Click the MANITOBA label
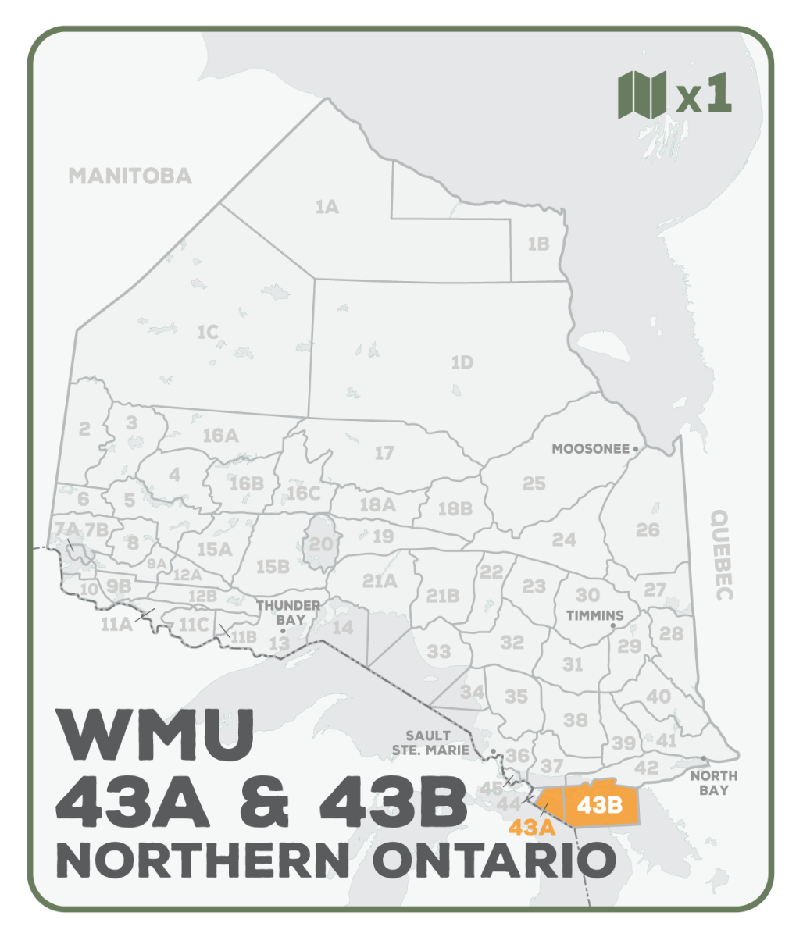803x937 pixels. tap(130, 176)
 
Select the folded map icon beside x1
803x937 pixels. tap(641, 94)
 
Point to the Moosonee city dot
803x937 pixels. tap(636, 449)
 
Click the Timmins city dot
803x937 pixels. tap(612, 625)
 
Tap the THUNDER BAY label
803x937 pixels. tap(288, 612)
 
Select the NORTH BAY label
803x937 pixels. tap(713, 782)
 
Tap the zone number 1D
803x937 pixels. tap(462, 363)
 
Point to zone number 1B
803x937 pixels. tap(538, 244)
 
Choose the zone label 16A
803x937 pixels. tap(220, 436)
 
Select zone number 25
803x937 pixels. tap(534, 484)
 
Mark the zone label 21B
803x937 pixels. tap(442, 596)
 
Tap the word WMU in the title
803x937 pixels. tap(157, 736)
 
